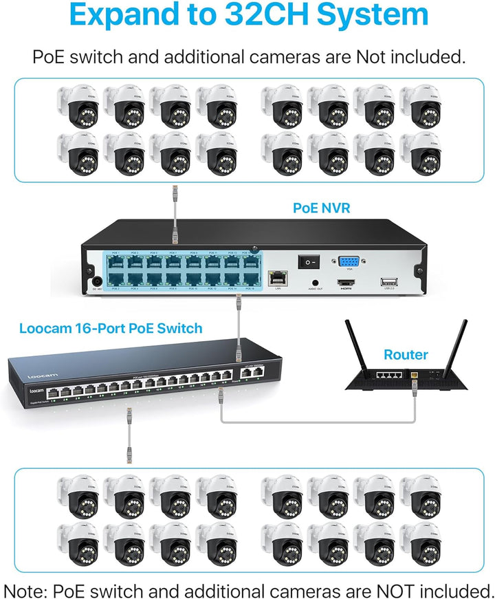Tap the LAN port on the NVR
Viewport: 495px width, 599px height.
pos(277,279)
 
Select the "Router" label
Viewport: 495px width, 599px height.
pos(406,355)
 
